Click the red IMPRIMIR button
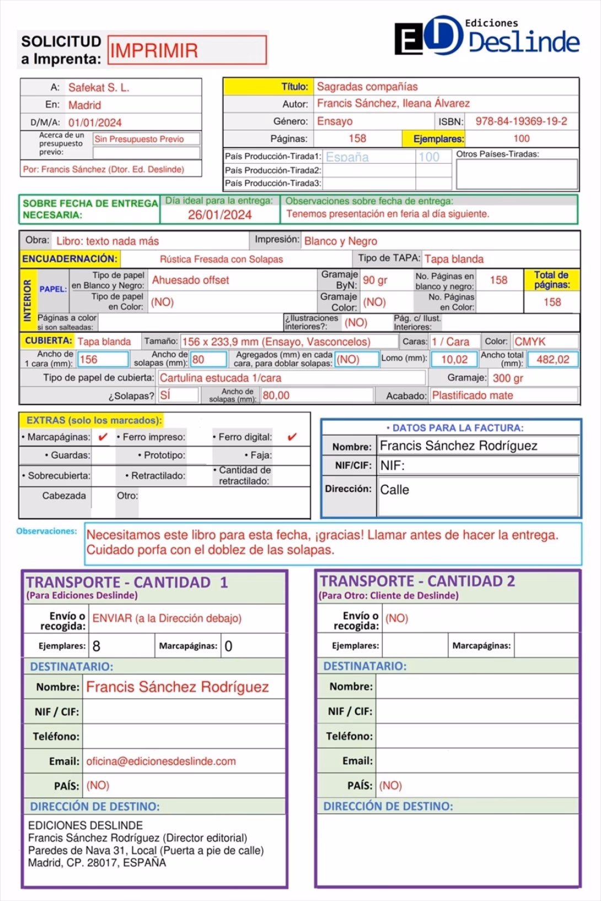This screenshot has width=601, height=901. click(186, 50)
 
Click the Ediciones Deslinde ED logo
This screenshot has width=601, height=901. click(428, 37)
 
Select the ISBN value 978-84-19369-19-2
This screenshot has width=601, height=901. click(521, 121)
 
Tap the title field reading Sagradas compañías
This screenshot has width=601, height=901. click(367, 87)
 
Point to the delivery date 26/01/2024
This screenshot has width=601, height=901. click(219, 214)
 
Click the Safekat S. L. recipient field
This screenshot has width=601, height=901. click(99, 87)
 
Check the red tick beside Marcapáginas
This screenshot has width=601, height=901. click(103, 437)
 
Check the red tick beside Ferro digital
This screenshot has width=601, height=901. click(292, 437)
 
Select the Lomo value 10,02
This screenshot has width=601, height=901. click(454, 360)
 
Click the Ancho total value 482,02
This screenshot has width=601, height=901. click(552, 360)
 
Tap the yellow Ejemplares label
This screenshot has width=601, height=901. click(438, 139)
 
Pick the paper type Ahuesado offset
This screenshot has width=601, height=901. click(190, 280)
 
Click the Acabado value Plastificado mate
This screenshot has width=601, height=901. click(472, 395)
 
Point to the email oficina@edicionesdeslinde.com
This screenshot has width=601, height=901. click(161, 761)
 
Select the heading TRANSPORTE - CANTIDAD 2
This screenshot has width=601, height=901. click(417, 581)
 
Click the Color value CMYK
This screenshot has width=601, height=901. click(530, 341)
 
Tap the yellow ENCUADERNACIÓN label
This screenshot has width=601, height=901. click(69, 259)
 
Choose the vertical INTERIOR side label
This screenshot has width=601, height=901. click(28, 301)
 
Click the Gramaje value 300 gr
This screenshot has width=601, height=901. click(508, 378)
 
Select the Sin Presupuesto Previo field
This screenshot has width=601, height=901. click(139, 139)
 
